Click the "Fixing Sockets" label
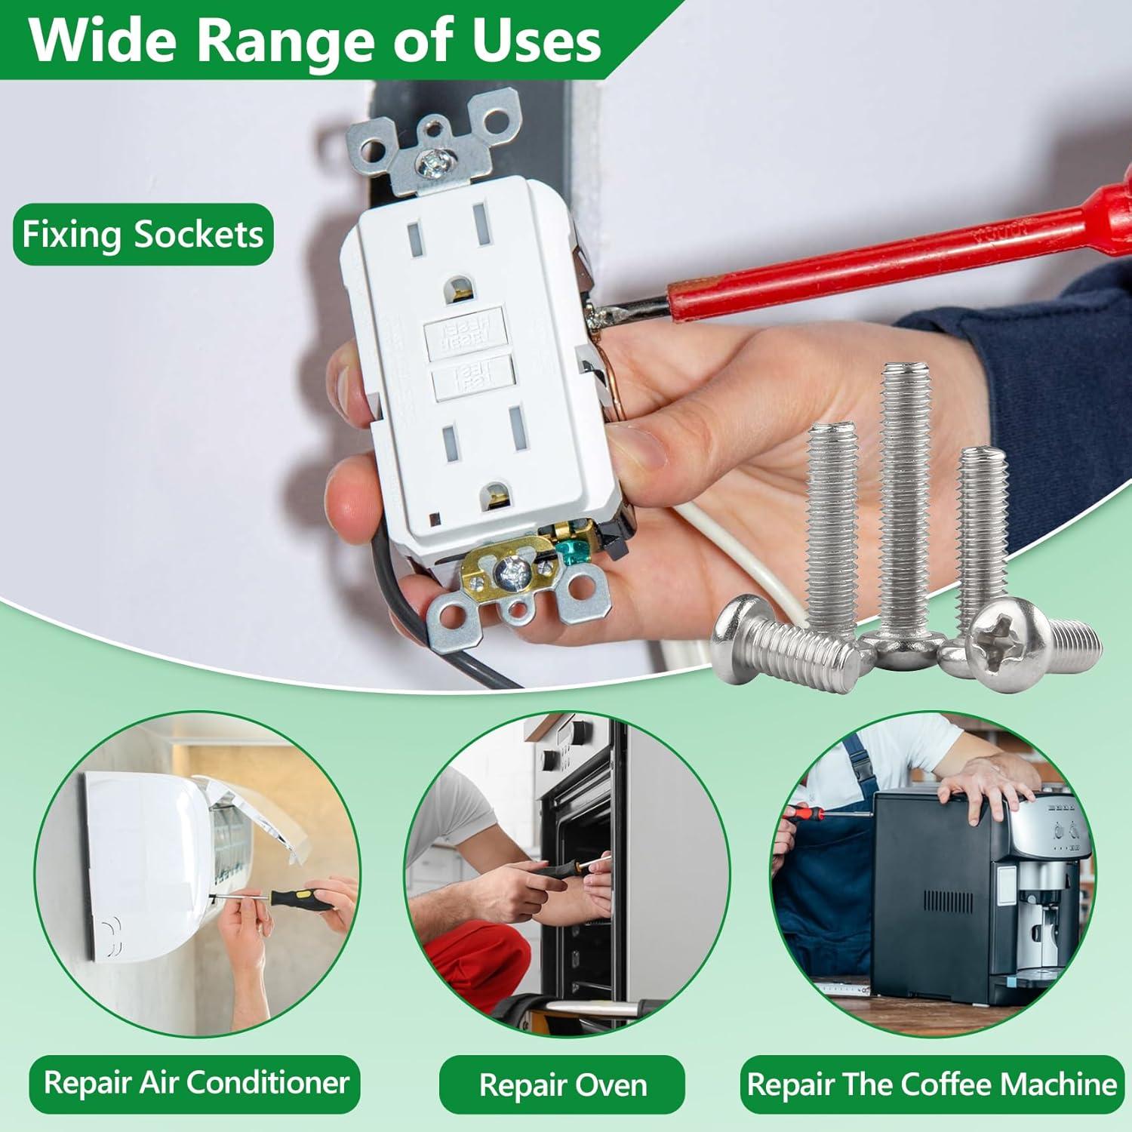[x=143, y=235]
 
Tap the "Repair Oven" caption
[x=563, y=1085]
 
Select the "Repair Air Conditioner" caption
[x=196, y=1083]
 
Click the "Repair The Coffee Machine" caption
[x=931, y=1084]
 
